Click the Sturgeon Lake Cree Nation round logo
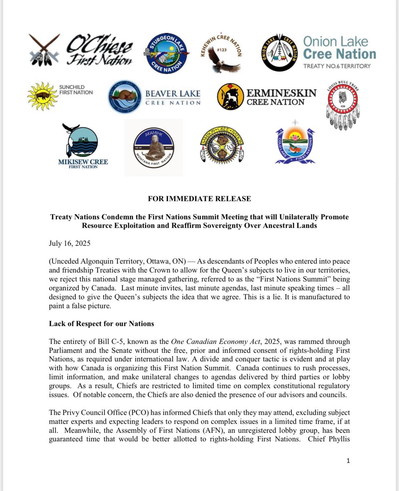(x=167, y=53)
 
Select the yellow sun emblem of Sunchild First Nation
(x=42, y=96)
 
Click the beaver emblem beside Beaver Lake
(x=124, y=97)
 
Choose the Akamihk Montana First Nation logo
(x=154, y=148)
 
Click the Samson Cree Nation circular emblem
(x=222, y=145)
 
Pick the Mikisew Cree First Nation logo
(x=82, y=145)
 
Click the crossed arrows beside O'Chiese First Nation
(x=44, y=50)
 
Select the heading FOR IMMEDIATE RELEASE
(x=199, y=199)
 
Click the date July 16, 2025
(x=69, y=244)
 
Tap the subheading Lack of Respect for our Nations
(x=101, y=324)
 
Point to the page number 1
(x=348, y=461)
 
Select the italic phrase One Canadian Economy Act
(x=215, y=342)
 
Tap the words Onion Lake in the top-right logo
(x=335, y=42)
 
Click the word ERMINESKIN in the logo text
(x=281, y=93)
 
